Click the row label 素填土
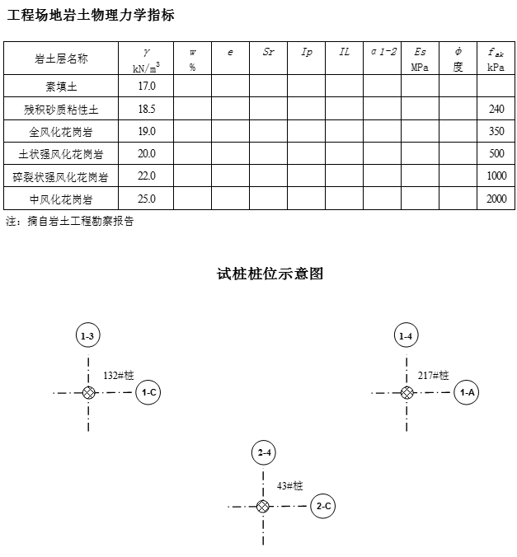61,86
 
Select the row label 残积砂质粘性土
61,109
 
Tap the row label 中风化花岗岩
61,199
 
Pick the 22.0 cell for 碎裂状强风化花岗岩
147,176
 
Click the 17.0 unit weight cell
147,86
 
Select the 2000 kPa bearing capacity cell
496,199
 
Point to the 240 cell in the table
496,109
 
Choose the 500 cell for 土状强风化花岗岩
496,154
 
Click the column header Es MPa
421,59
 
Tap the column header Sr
269,52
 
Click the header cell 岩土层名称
61,59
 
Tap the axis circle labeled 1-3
88,335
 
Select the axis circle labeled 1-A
467,392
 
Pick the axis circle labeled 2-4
264,453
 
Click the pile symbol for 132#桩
88,393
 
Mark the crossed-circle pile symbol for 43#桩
263,506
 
